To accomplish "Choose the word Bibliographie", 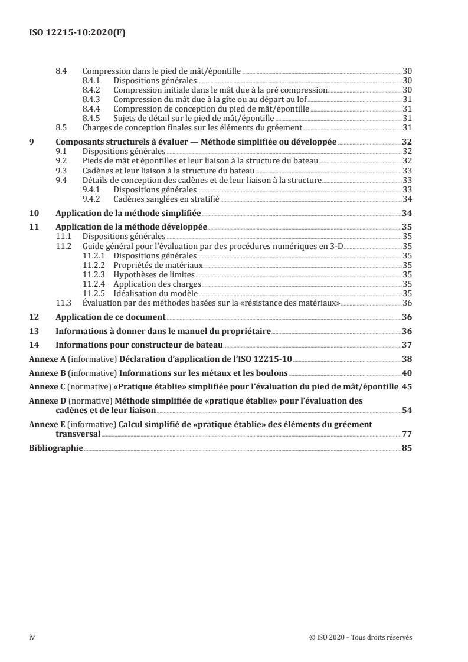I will coord(57,448).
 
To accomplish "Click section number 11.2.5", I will coord(95,293).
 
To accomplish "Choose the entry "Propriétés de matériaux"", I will coord(154,265).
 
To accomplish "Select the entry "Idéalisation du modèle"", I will coord(156,293).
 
